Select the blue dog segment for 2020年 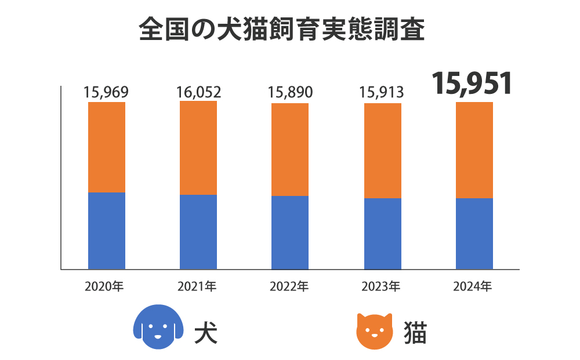pos(107,231)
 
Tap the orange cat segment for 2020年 pos(107,147)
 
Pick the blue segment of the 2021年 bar pos(198,232)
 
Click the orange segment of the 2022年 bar pos(290,150)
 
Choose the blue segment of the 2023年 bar pos(382,234)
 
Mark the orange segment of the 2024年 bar pos(474,150)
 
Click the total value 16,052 pos(198,92)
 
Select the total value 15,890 pos(290,92)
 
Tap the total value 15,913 pos(382,92)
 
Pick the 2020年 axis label pos(105,286)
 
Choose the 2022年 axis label pos(289,286)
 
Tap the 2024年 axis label pos(473,286)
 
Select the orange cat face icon pos(374,331)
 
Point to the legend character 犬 pos(206,333)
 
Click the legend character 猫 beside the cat pos(415,333)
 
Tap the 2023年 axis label pos(381,286)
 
